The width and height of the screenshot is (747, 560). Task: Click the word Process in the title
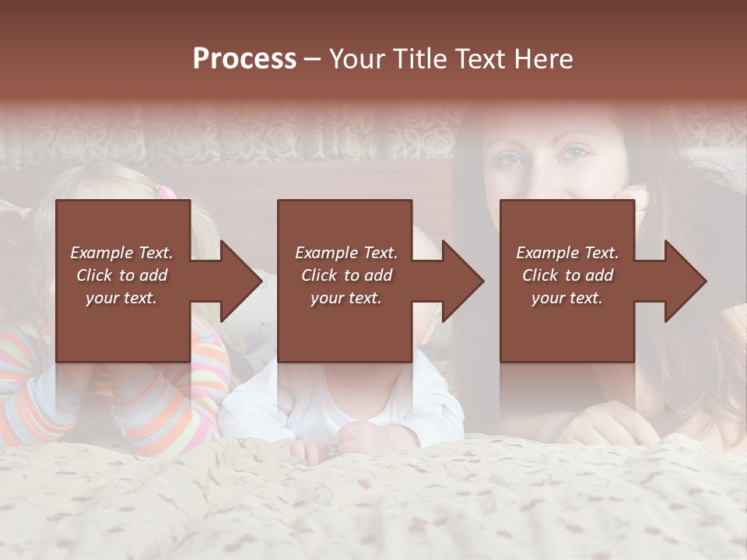[244, 59]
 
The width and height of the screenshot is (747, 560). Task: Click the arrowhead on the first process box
[241, 281]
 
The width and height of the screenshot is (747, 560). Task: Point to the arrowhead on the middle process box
[463, 281]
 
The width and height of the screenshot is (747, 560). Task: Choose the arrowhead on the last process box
[686, 281]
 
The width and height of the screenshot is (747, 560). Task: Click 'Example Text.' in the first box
[121, 253]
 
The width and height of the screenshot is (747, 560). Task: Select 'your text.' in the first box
[121, 298]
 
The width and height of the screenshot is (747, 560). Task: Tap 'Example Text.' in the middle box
[346, 253]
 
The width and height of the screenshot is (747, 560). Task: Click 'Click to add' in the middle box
[346, 275]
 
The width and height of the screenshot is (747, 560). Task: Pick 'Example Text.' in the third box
[567, 253]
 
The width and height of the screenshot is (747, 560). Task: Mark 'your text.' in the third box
[567, 298]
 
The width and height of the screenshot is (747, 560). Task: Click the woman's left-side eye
[508, 159]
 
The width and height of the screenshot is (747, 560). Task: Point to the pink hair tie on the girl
[164, 191]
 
